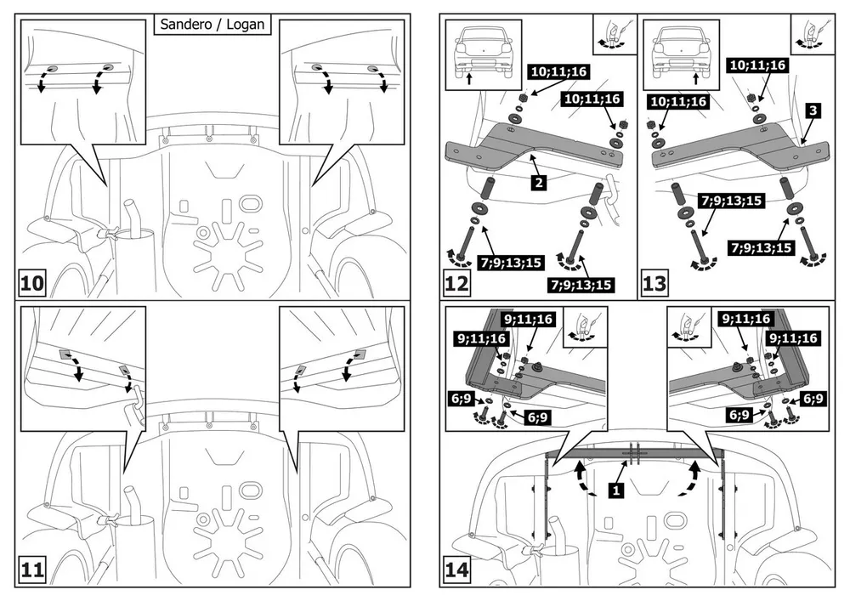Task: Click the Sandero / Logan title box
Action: [x=212, y=25]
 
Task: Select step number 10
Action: [x=31, y=283]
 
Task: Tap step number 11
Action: [x=31, y=570]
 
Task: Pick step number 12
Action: [x=456, y=283]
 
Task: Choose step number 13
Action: [x=654, y=283]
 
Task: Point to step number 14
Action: [x=456, y=570]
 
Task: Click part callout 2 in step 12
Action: [x=538, y=183]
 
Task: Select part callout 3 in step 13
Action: [x=813, y=111]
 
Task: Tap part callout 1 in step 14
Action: [x=615, y=491]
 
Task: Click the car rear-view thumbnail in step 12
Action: [x=484, y=54]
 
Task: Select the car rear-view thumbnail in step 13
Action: [x=681, y=54]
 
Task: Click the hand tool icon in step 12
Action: [x=615, y=34]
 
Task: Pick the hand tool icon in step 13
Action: [x=812, y=34]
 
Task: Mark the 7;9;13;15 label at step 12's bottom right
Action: [x=581, y=285]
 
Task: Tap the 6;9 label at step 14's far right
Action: [x=813, y=399]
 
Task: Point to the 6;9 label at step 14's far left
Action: [x=462, y=399]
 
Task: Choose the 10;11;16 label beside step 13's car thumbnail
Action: [x=678, y=101]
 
